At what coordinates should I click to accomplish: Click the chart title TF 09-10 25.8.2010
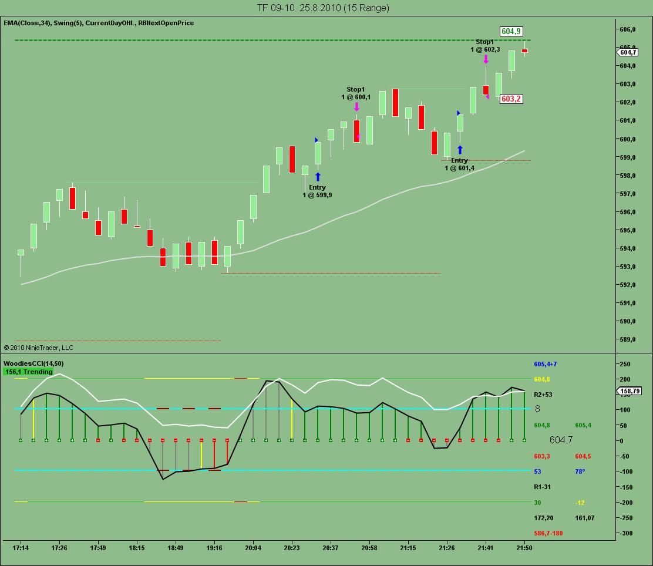tap(322, 8)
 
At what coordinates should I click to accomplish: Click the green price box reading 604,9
tap(511, 31)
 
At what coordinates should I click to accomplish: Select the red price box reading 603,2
tap(511, 99)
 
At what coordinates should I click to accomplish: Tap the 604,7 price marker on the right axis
tap(628, 52)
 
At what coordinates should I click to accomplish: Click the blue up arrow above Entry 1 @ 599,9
tap(318, 177)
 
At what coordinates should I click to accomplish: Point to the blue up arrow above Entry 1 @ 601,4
tap(460, 150)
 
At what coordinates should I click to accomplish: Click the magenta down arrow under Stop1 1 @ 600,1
tap(356, 107)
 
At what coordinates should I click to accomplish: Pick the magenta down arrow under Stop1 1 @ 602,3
tap(486, 59)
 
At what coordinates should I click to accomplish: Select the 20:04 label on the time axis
tap(253, 548)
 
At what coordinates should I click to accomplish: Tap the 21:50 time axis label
tap(524, 548)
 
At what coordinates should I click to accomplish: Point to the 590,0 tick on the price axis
tap(628, 321)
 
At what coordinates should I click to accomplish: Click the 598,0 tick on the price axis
tap(628, 176)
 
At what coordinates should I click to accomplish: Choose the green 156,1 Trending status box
tap(28, 372)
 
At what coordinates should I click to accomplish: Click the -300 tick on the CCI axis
tap(627, 533)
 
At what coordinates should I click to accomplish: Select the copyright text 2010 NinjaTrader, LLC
tap(38, 348)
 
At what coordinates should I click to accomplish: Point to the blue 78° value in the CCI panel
tap(581, 471)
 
